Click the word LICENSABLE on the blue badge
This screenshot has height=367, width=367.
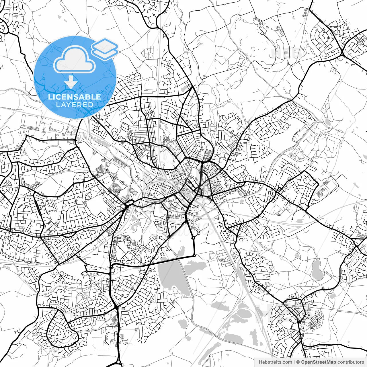tap(75, 97)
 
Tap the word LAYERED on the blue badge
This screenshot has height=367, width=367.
tap(75, 105)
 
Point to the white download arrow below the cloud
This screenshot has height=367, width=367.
tap(71, 82)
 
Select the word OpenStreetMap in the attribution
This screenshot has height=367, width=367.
tap(318, 362)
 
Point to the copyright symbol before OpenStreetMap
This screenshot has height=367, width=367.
tap(298, 362)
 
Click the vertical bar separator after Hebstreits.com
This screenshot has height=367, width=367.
tap(294, 362)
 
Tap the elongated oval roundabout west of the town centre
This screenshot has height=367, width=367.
tap(129, 203)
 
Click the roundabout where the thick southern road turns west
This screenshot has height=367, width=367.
tap(195, 255)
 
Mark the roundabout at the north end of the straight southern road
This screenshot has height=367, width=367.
tap(193, 237)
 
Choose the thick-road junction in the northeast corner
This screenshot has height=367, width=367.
tap(343, 53)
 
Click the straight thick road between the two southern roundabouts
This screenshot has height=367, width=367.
tap(194, 247)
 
